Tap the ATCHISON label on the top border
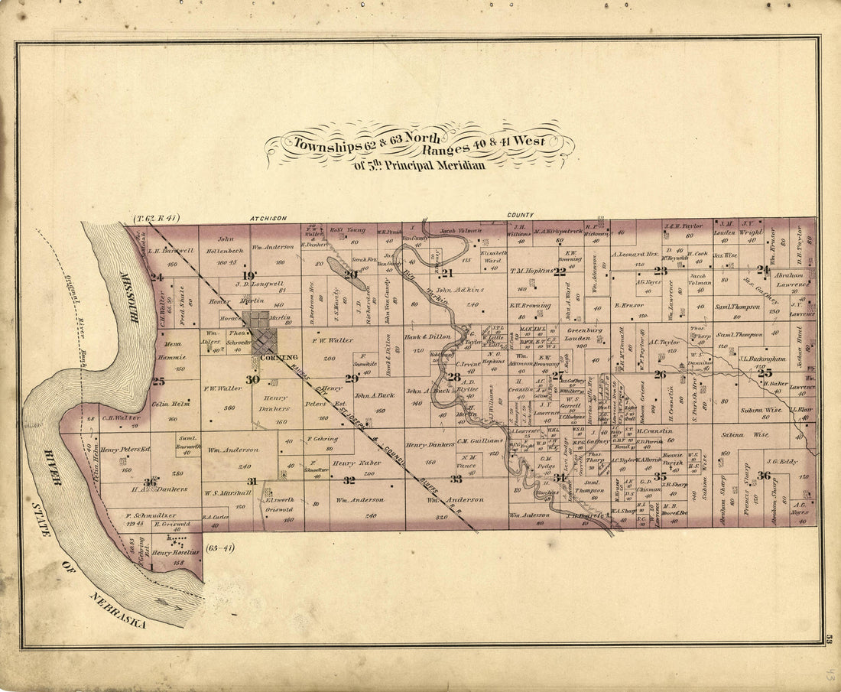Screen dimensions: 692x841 click(268, 218)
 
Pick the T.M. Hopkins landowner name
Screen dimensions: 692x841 click(534, 270)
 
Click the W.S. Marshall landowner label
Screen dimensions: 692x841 click(223, 493)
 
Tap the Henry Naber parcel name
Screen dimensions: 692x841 click(356, 463)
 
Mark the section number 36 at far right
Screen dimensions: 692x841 click(763, 476)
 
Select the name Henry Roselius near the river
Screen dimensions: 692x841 click(175, 551)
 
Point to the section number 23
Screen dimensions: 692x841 click(660, 270)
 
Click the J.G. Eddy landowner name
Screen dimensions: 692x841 click(782, 461)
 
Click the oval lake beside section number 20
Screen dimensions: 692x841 click(345, 274)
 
